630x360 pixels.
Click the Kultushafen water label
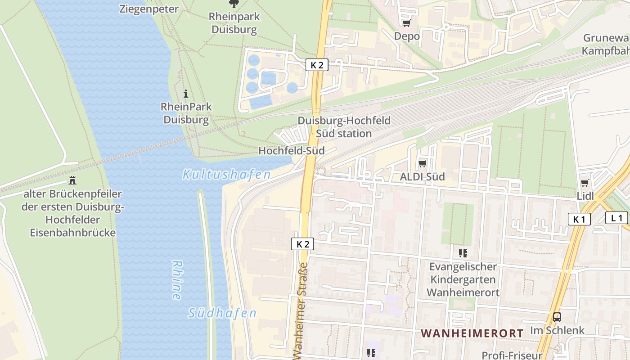tap(226, 175)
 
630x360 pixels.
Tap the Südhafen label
tap(222, 313)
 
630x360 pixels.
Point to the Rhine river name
tap(176, 280)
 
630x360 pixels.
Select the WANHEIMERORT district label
tap(472, 333)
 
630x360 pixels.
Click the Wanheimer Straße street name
tap(302, 310)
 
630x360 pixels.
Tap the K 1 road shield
tap(579, 219)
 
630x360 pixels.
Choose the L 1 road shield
tap(616, 218)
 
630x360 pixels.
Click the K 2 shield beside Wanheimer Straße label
tap(303, 244)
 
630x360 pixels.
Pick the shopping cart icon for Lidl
tap(585, 183)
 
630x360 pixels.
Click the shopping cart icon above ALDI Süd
tap(422, 163)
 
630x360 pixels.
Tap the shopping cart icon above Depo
tap(406, 23)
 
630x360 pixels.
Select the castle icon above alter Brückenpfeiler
tap(72, 181)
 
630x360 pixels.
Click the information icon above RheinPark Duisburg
tap(186, 94)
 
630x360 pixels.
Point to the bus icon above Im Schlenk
tap(557, 317)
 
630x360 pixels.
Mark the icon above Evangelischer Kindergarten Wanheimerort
tap(463, 253)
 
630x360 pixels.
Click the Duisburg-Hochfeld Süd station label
tap(344, 127)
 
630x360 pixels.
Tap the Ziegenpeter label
tap(149, 9)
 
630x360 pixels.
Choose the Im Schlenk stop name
tap(557, 330)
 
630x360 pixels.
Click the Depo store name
tap(407, 36)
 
